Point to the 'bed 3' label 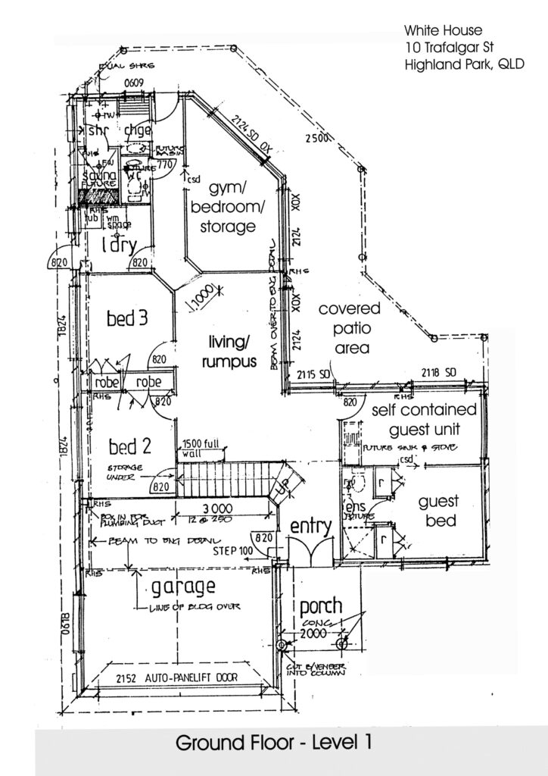point(126,318)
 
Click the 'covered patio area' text point(344,329)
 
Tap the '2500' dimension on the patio point(317,139)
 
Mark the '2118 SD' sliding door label point(440,373)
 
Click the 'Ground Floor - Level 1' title point(273,743)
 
